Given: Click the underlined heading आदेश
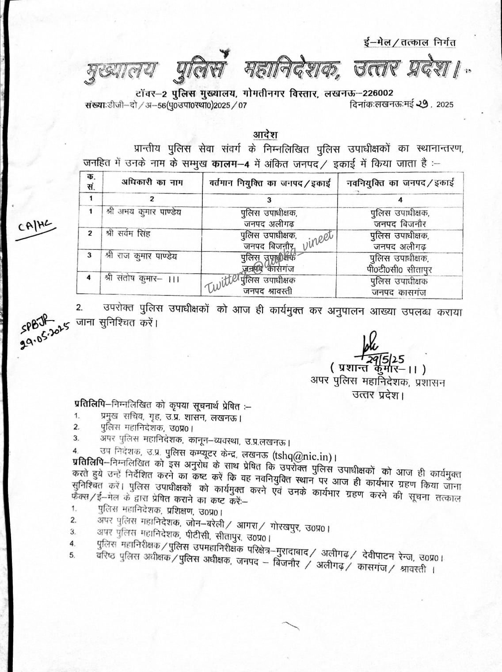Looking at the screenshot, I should (266, 134).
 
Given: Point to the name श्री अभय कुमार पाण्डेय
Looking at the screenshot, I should (144, 212).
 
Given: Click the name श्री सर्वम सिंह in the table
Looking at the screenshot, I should (128, 234).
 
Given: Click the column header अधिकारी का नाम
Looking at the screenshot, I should (152, 183).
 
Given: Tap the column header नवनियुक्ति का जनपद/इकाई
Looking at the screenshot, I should (400, 183).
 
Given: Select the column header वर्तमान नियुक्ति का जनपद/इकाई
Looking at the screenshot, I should (270, 183).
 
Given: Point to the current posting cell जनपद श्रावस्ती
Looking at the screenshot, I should (267, 291).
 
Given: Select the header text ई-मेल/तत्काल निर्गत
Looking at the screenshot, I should (407, 43).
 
